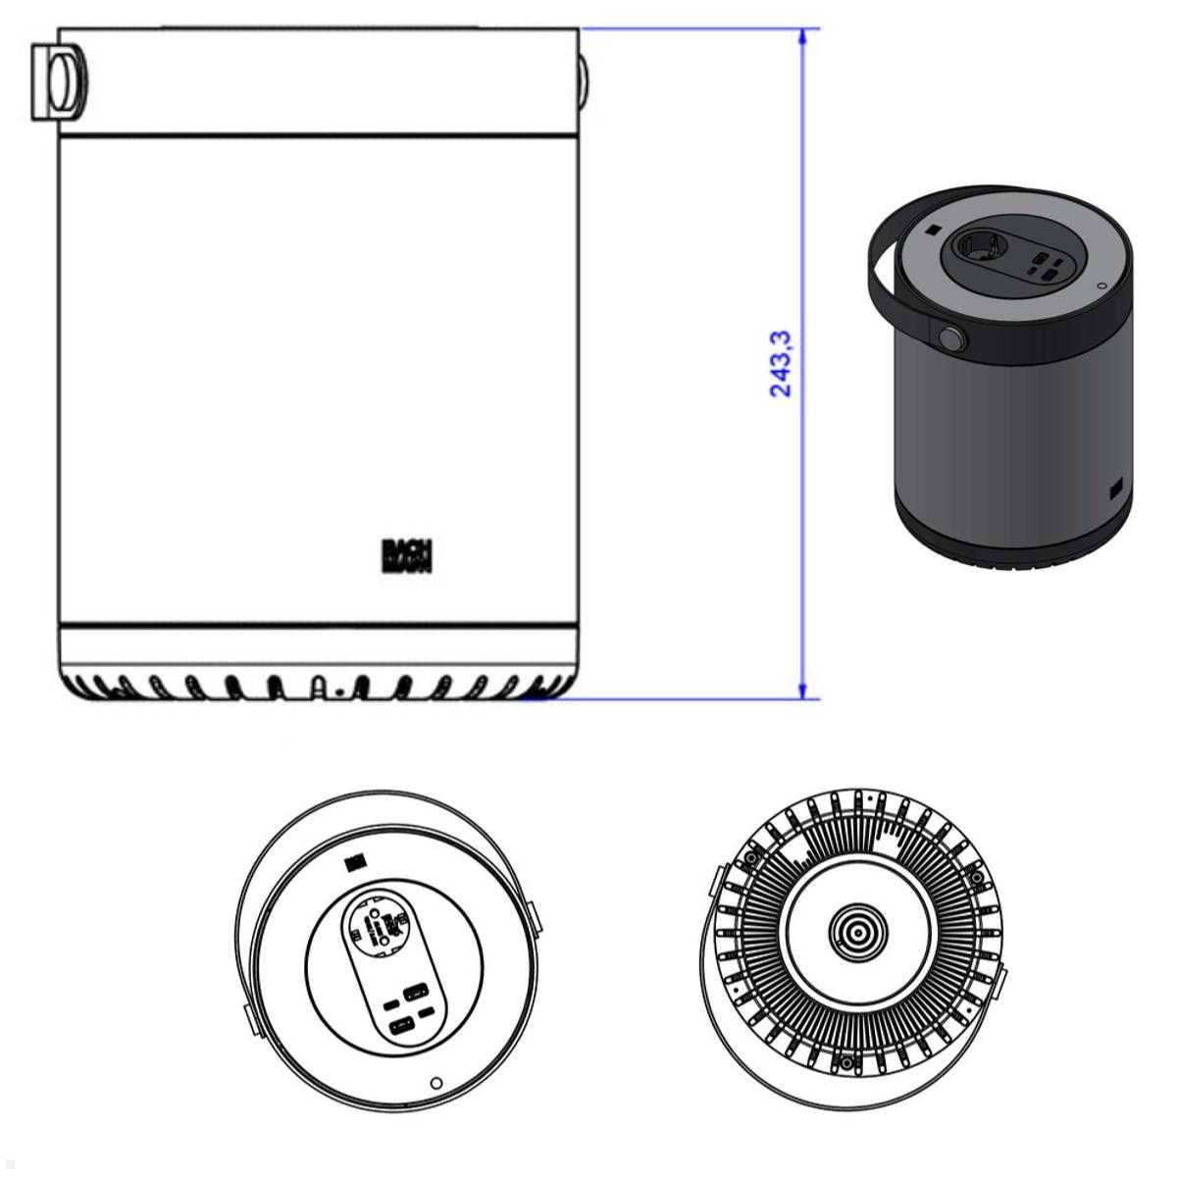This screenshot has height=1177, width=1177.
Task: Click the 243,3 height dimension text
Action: click(781, 363)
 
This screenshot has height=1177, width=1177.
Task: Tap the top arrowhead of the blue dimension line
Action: click(804, 37)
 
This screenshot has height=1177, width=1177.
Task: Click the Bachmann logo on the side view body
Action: click(407, 555)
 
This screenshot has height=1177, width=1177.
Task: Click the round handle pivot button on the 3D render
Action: click(950, 339)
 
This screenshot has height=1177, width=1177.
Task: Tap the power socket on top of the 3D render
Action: click(984, 245)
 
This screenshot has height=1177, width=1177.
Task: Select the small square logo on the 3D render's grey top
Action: click(930, 231)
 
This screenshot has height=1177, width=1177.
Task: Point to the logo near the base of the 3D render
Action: click(1115, 486)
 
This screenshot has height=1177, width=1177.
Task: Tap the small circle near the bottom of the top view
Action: click(437, 1083)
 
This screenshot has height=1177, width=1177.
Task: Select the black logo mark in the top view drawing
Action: click(355, 862)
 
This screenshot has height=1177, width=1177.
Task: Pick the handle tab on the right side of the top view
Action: click(535, 916)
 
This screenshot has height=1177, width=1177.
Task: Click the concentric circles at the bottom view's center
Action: click(858, 931)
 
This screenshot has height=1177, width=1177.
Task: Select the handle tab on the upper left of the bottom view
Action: click(715, 881)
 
